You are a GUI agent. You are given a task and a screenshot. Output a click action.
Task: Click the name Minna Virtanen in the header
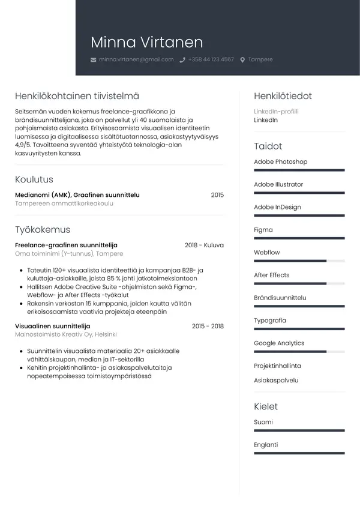[146, 42]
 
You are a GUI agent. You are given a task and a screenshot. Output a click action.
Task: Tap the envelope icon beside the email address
[93, 60]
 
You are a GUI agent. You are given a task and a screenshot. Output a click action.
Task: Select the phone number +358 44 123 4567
[211, 60]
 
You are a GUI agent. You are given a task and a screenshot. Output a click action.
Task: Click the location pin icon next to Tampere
[242, 60]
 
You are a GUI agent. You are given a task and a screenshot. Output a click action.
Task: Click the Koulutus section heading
[34, 179]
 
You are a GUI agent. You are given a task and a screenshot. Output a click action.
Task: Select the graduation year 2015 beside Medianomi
[217, 195]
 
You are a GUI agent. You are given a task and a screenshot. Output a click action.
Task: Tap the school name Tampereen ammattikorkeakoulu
[64, 204]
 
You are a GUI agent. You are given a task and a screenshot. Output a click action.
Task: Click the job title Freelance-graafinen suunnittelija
[66, 245]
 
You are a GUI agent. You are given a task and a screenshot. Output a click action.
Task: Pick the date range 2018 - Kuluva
[204, 245]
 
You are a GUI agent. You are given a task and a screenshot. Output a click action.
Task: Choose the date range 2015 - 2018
[208, 326]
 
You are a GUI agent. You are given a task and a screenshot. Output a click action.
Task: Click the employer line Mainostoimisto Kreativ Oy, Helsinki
[65, 335]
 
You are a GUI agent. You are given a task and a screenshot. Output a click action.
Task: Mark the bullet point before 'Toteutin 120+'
[22, 270]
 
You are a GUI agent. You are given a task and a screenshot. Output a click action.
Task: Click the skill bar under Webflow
[299, 261]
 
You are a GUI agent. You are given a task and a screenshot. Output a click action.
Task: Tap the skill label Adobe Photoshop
[280, 162]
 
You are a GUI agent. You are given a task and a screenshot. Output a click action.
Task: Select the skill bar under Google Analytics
[299, 352]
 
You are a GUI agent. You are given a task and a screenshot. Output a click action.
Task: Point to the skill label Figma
[263, 230]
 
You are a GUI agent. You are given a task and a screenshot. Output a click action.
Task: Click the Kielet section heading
[266, 406]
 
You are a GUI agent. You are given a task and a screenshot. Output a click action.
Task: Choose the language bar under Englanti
[299, 453]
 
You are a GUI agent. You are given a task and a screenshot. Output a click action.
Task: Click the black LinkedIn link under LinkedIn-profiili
[266, 120]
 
